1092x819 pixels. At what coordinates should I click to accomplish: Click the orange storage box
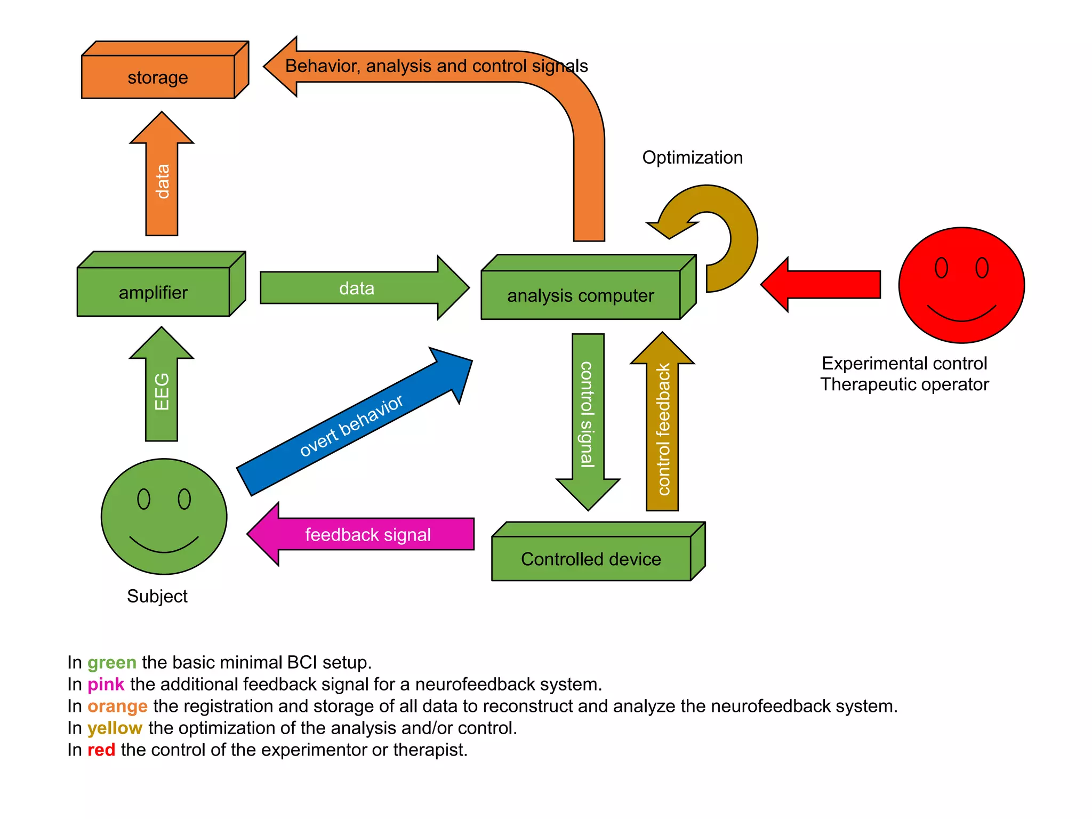[x=158, y=77]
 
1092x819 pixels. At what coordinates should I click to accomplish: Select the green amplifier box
[x=154, y=292]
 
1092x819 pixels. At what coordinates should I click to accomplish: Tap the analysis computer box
[x=581, y=295]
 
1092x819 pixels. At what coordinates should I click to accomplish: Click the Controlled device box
[x=591, y=558]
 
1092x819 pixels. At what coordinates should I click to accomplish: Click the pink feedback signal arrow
[x=368, y=534]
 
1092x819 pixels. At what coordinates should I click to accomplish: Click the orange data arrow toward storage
[x=162, y=181]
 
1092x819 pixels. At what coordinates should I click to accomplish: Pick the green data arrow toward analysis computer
[x=357, y=288]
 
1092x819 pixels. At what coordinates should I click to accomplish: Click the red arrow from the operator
[x=826, y=285]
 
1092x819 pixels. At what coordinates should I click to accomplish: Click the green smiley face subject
[x=164, y=516]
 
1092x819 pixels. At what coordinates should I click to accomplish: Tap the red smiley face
[x=961, y=285]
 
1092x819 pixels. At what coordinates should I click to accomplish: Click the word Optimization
[x=692, y=157]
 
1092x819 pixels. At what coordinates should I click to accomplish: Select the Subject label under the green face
[x=157, y=596]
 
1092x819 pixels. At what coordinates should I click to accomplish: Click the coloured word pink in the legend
[x=106, y=684]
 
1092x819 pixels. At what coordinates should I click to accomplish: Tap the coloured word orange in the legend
[x=117, y=706]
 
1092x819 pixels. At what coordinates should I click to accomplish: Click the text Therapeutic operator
[x=904, y=384]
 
